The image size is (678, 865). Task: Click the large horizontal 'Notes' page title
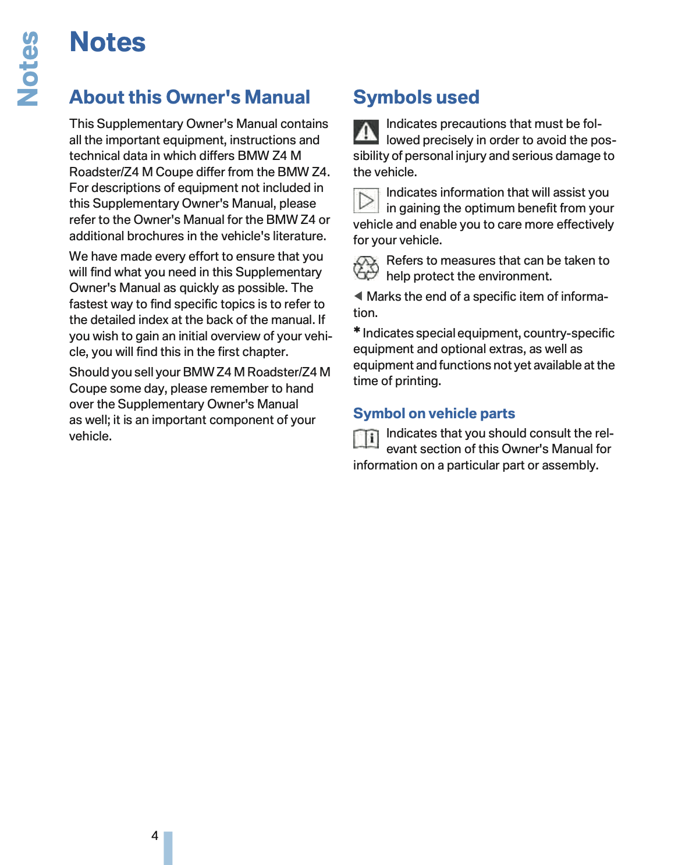click(x=108, y=42)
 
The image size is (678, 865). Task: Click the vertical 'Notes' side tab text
click(x=28, y=69)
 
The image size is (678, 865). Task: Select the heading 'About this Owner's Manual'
click(x=190, y=97)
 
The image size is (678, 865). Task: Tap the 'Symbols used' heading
click(x=416, y=97)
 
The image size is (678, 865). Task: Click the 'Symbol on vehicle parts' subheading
click(x=434, y=414)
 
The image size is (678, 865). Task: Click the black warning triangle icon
click(x=366, y=132)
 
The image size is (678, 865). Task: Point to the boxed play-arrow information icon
click(x=366, y=201)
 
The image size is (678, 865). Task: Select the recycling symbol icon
click(x=366, y=268)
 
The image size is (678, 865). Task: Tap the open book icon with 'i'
click(x=366, y=439)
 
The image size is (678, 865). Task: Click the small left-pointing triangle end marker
click(x=358, y=296)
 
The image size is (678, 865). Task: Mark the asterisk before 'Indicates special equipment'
click(x=357, y=332)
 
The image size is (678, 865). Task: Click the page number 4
click(x=155, y=836)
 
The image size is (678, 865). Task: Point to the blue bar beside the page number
click(x=168, y=848)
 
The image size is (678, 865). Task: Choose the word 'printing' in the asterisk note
click(x=417, y=381)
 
